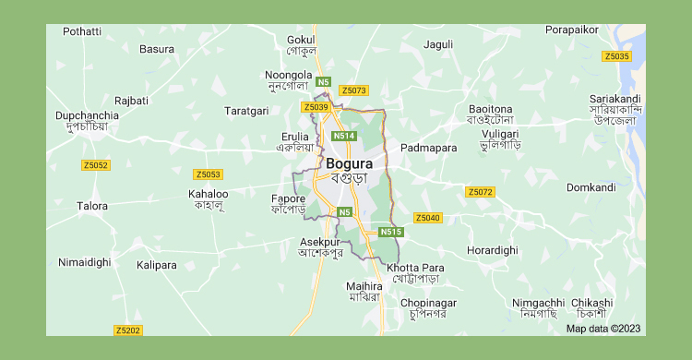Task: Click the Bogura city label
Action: [x=349, y=163]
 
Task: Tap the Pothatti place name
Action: [x=82, y=31]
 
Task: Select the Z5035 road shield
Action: [x=616, y=56]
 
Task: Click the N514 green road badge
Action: [x=344, y=136]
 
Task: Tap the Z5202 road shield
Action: [x=128, y=330]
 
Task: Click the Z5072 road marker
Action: [x=480, y=192]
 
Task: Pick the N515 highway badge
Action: [x=390, y=232]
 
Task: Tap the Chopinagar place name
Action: [x=428, y=303]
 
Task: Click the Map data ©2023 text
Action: [x=603, y=328]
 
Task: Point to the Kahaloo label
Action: [x=208, y=194]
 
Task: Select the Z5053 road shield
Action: [x=208, y=174]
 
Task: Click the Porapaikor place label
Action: [x=572, y=30]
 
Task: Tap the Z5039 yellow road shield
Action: [x=315, y=107]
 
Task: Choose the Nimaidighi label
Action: [x=84, y=262]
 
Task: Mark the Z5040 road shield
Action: [x=427, y=218]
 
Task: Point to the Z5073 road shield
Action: [x=353, y=90]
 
